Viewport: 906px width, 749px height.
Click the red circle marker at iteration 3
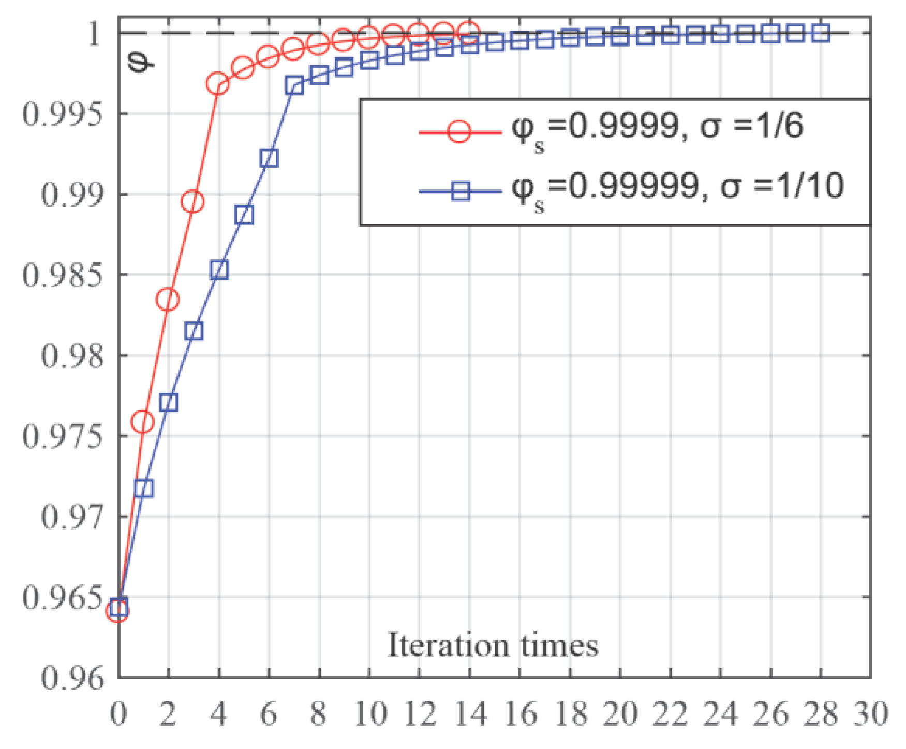tap(193, 202)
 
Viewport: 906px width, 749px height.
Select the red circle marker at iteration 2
tap(168, 300)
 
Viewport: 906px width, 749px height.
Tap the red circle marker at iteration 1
tap(143, 422)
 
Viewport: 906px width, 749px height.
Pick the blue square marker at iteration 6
tap(269, 158)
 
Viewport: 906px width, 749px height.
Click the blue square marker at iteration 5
tap(244, 214)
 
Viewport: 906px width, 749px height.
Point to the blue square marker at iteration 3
tap(194, 331)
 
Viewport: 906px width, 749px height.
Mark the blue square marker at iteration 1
tap(144, 488)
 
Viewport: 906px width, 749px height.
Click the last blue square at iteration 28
tap(821, 33)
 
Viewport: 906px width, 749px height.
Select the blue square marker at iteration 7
tap(294, 85)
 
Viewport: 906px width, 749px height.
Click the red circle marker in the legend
tap(459, 131)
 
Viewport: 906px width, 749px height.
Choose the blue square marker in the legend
tap(460, 192)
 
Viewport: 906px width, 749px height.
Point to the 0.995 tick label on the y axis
tap(62, 114)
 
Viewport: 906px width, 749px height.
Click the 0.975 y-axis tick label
tap(62, 436)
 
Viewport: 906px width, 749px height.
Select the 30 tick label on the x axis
tap(870, 714)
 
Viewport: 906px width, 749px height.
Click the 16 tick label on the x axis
tap(519, 714)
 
